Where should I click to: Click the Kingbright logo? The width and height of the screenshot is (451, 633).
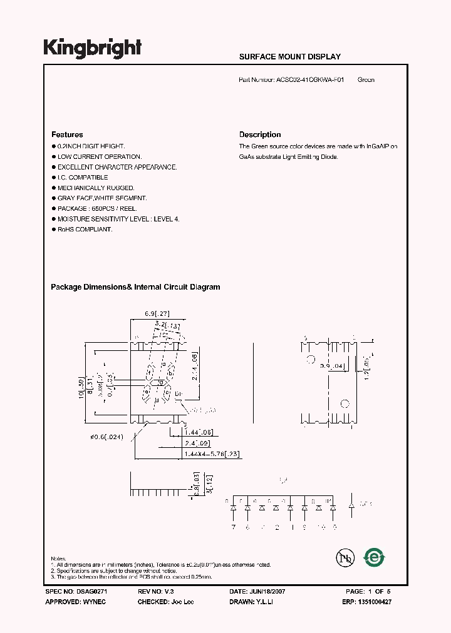92,48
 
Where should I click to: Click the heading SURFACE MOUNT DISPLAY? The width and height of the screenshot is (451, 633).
290,57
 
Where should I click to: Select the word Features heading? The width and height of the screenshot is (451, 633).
67,134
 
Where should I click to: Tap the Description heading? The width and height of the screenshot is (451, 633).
260,134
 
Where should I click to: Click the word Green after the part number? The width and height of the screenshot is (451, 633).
366,80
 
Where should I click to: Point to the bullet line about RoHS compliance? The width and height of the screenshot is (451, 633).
85,230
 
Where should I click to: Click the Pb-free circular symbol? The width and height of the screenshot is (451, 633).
341,558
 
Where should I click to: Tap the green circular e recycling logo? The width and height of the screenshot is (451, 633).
375,557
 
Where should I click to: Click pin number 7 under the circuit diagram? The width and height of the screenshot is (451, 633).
234,527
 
